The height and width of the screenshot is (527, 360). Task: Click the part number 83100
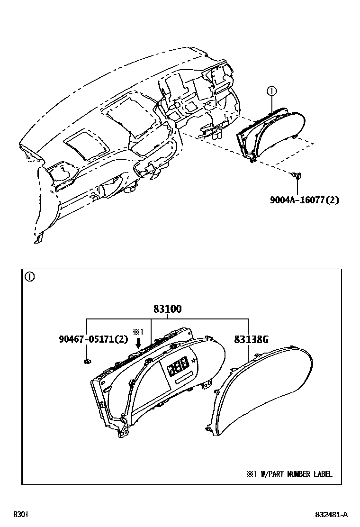click(x=167, y=309)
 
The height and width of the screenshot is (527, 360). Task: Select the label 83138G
click(x=251, y=339)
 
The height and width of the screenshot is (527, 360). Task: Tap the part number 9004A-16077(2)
click(x=305, y=200)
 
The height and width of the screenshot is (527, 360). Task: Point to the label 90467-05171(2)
click(x=94, y=339)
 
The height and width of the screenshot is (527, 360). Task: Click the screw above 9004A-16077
click(x=297, y=176)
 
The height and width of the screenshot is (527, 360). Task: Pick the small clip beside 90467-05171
click(x=86, y=362)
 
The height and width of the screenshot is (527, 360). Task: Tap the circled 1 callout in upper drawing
click(x=271, y=90)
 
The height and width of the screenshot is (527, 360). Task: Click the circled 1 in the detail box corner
click(x=29, y=277)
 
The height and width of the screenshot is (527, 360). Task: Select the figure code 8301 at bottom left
click(x=20, y=514)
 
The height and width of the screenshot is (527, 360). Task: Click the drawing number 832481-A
click(x=332, y=514)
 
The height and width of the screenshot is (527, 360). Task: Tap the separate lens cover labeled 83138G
click(x=263, y=393)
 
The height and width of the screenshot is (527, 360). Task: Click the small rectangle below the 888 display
click(x=184, y=378)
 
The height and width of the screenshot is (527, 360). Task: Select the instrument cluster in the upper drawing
click(x=270, y=135)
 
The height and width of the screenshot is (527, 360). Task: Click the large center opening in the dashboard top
click(x=129, y=116)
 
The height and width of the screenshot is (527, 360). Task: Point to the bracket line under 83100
click(x=167, y=318)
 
